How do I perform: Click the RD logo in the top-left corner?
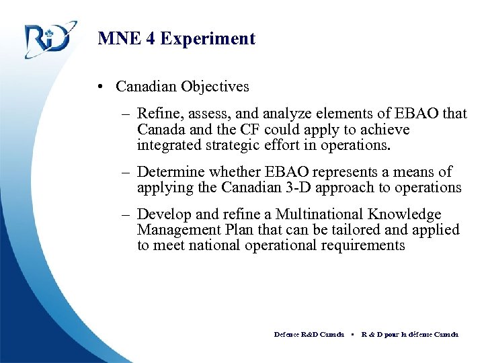[x=48, y=40]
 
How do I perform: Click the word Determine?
[x=171, y=172]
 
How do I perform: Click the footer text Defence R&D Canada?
[x=309, y=334]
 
